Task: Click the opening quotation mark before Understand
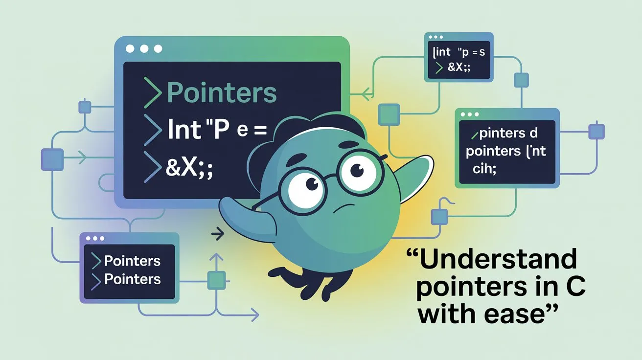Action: click(x=413, y=254)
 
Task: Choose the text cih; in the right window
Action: click(x=484, y=169)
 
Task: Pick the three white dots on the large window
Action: click(x=144, y=49)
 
